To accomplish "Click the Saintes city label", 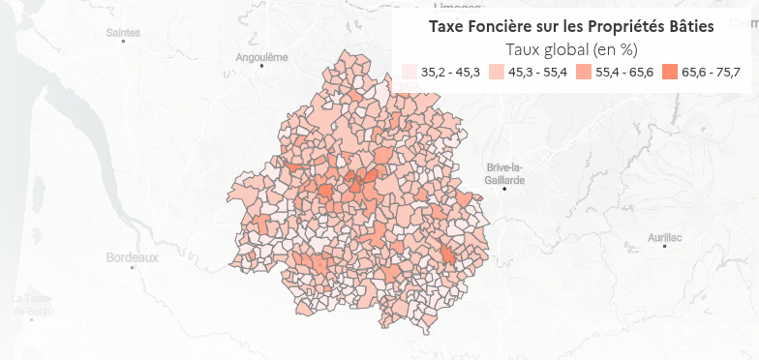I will point(123,33).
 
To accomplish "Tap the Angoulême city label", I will point(262,57).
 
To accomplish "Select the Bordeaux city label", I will point(132,258).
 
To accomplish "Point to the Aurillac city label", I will point(665,236).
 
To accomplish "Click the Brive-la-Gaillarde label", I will point(505,173).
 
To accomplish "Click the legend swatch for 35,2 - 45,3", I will point(410,73).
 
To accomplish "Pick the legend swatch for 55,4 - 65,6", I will point(583,73).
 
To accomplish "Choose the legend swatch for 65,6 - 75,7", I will point(670,73).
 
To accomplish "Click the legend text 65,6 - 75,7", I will point(711,73).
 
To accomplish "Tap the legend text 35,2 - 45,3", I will point(451,73).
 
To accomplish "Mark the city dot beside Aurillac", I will point(665,247).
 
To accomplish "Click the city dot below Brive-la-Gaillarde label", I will point(505,188).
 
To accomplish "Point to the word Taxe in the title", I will point(448,26).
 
